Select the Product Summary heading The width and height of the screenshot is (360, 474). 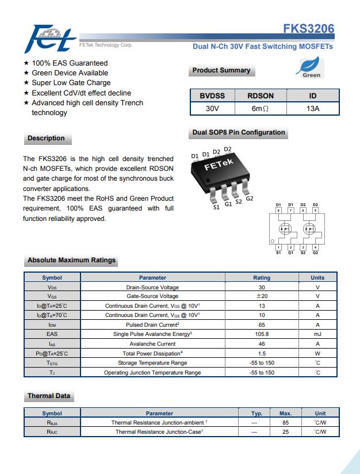221,71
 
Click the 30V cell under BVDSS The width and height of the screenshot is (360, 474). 212,108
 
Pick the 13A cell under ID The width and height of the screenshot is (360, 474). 313,108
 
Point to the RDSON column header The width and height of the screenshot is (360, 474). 261,95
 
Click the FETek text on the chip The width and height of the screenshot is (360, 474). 219,165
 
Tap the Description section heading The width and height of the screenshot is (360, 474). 46,138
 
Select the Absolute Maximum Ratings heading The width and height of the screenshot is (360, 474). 71,261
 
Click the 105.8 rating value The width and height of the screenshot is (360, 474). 262,334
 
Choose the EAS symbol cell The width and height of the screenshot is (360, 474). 52,334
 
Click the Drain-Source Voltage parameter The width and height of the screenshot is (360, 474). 152,287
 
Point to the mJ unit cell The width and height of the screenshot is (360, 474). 317,334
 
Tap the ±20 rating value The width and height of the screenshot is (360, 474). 262,296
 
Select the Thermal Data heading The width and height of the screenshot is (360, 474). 49,396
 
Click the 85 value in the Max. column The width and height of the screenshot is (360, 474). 285,422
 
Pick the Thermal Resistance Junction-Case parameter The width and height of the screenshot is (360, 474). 159,431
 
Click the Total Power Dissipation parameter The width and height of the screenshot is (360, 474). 152,353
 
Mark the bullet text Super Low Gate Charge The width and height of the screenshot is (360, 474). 71,83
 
